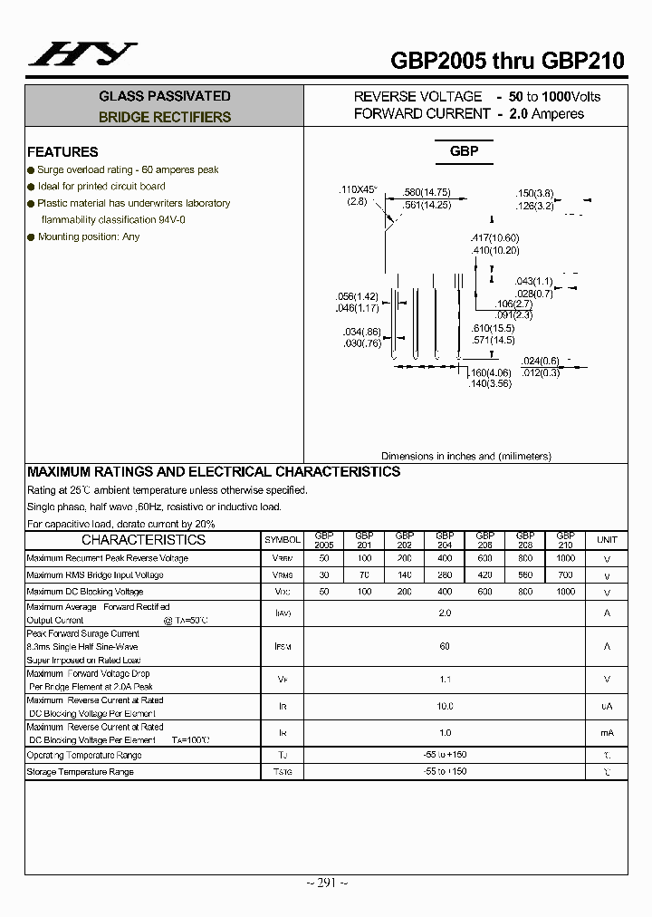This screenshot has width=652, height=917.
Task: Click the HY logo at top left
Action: point(82,53)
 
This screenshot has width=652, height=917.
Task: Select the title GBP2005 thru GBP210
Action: point(507,61)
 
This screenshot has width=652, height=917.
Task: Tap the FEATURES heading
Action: point(62,152)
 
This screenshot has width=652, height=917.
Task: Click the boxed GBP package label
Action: point(464,151)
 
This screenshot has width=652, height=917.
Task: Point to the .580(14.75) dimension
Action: point(427,193)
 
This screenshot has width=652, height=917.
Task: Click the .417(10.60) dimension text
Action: point(495,238)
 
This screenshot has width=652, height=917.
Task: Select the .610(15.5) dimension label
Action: point(494,328)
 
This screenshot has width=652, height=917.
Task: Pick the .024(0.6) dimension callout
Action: point(541,361)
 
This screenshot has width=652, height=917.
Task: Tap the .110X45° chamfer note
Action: point(357,189)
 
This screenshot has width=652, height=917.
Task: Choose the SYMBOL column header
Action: point(283,540)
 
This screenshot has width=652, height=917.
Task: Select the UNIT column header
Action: point(607,540)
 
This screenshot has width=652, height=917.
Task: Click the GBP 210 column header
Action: point(565,540)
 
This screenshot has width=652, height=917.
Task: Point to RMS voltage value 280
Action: point(445,574)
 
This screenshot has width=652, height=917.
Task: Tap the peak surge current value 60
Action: point(445,647)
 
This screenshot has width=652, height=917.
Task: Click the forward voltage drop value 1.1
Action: point(445,680)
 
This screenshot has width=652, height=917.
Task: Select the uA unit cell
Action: point(607,706)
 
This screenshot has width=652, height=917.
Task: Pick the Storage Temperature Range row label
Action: point(81,772)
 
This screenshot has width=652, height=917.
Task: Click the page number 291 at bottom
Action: point(326,883)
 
